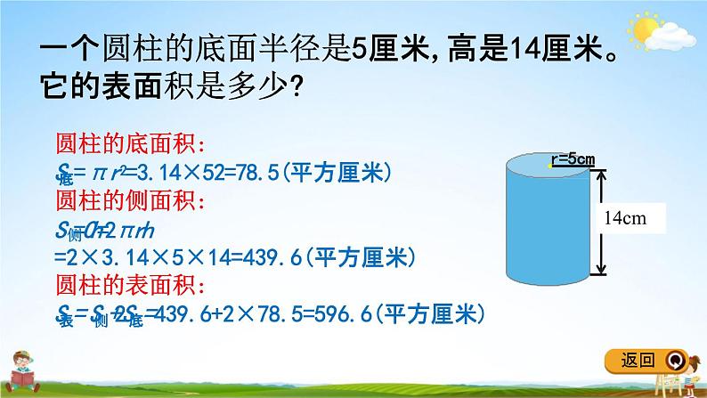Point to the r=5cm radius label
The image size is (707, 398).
click(573, 159)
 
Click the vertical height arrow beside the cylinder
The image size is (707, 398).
click(603, 223)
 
